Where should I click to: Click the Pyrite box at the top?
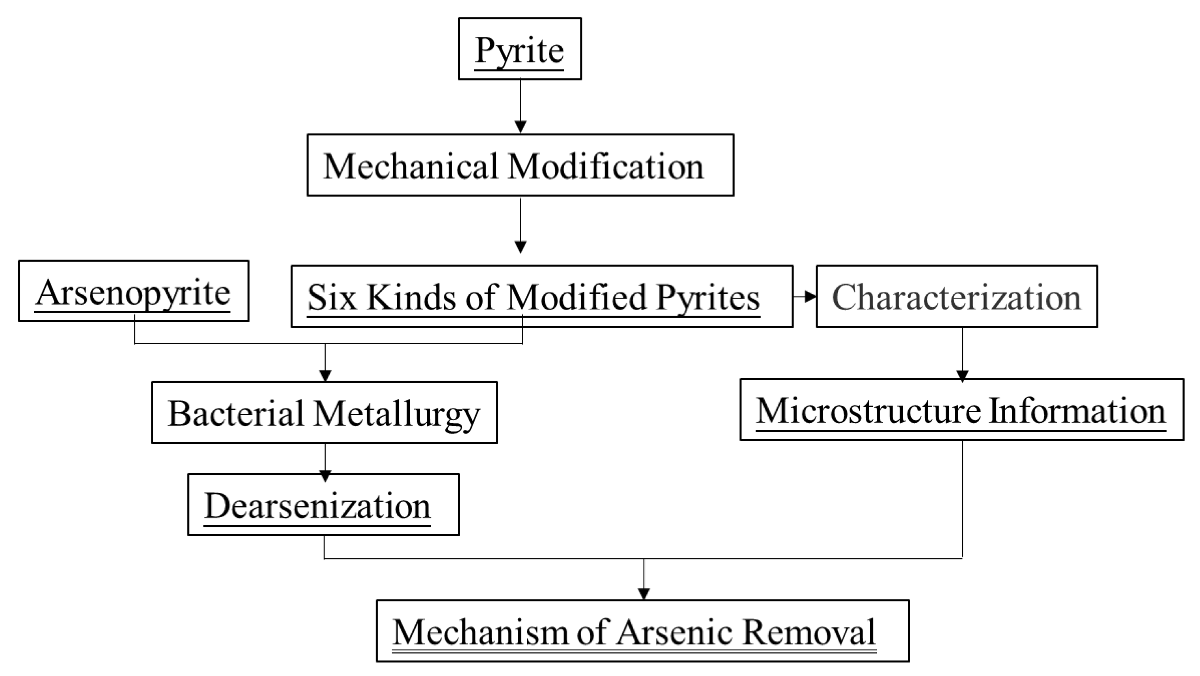[520, 49]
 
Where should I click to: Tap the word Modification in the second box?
[606, 166]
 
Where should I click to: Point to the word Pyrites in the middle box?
[708, 297]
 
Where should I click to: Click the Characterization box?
[957, 297]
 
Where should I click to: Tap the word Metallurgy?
[396, 414]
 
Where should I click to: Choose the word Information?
[1076, 411]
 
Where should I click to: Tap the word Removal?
[809, 632]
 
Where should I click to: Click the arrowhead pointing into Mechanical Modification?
[520, 127]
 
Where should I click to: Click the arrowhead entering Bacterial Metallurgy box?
[325, 375]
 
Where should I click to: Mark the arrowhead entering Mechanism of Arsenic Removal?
[644, 594]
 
